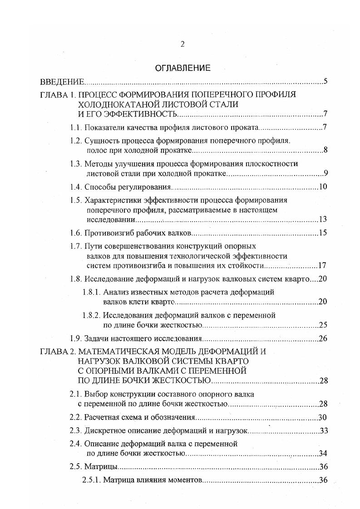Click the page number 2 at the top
182,44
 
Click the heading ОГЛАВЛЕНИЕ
183,69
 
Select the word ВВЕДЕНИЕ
62,82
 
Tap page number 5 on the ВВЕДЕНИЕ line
325,82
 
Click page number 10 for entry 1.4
323,187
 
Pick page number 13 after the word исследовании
323,220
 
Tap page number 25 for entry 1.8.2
323,325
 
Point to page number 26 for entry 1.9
323,338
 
